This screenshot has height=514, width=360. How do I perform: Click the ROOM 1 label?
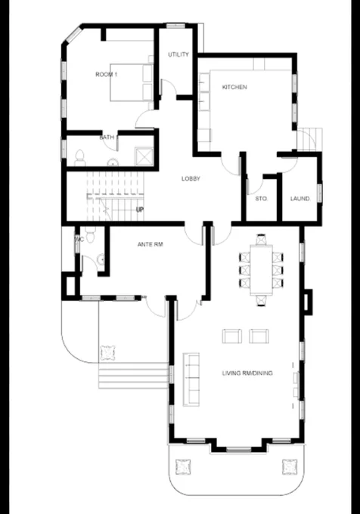pyautogui.click(x=106, y=74)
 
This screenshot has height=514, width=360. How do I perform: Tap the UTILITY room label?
pyautogui.click(x=178, y=54)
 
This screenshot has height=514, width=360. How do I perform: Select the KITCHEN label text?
pyautogui.click(x=234, y=87)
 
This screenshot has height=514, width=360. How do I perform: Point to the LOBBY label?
pyautogui.click(x=191, y=178)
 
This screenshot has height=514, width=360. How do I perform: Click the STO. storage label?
pyautogui.click(x=262, y=199)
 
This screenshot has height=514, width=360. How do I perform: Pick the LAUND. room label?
pyautogui.click(x=300, y=199)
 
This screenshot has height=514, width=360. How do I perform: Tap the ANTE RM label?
pyautogui.click(x=151, y=244)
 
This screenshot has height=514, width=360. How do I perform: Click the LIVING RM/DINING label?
pyautogui.click(x=247, y=373)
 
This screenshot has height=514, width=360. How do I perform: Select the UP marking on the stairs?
pyautogui.click(x=140, y=209)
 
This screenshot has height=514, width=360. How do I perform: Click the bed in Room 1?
pyautogui.click(x=131, y=82)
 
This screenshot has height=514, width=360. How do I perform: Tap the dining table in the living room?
pyautogui.click(x=261, y=270)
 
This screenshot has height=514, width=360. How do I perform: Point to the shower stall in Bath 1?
pyautogui.click(x=144, y=156)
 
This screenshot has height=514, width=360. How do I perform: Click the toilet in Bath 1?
pyautogui.click(x=79, y=158)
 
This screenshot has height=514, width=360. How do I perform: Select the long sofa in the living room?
pyautogui.click(x=191, y=379)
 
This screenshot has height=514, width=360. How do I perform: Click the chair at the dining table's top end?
pyautogui.click(x=261, y=240)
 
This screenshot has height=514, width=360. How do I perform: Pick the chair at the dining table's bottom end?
pyautogui.click(x=261, y=300)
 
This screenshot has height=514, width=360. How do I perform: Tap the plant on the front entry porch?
pyautogui.click(x=107, y=352)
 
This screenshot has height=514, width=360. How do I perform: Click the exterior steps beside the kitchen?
pyautogui.click(x=309, y=139)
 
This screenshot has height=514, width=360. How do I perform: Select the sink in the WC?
pyautogui.click(x=101, y=259)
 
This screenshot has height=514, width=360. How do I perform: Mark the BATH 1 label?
pyautogui.click(x=108, y=138)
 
